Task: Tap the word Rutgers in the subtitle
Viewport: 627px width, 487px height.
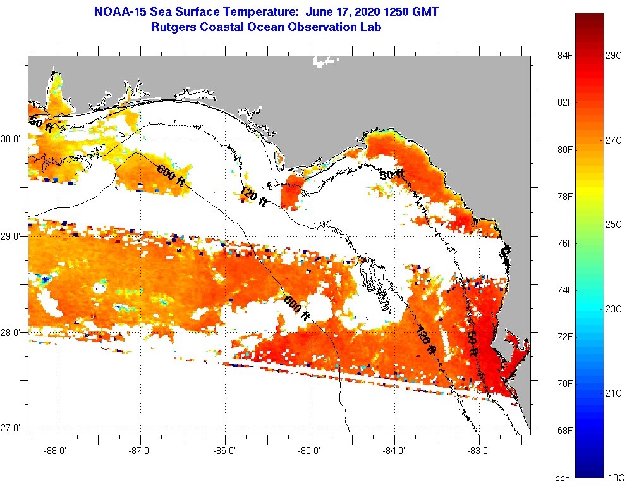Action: coord(173,27)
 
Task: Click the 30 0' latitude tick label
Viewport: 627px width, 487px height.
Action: coord(11,139)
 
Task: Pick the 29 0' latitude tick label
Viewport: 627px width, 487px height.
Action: coord(11,236)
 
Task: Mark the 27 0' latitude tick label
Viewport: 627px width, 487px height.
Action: coord(11,428)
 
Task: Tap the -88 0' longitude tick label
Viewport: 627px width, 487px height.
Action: coord(56,451)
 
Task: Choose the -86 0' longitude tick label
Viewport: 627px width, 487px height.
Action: coord(225,451)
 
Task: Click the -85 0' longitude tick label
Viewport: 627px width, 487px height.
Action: coord(310,451)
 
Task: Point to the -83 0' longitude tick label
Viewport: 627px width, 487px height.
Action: coord(479,451)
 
